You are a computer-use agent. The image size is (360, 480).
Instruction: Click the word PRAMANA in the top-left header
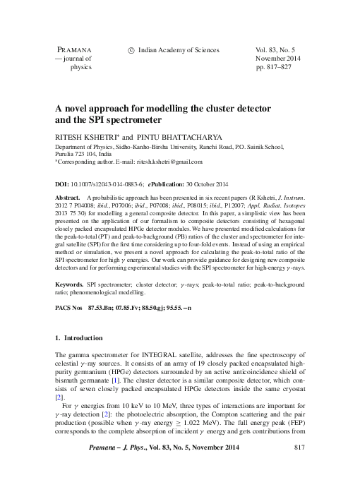click(72, 50)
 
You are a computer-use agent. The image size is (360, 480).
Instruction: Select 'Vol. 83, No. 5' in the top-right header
click(279, 50)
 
